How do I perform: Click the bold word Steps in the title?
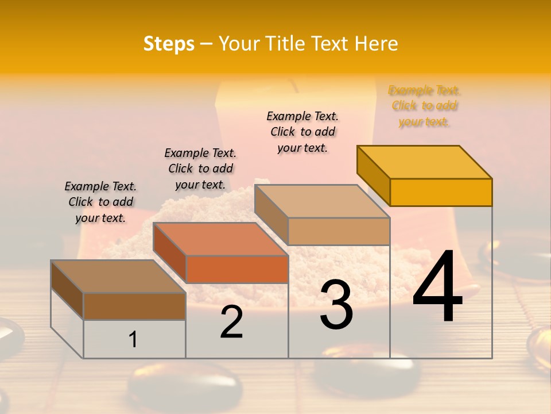(x=169, y=44)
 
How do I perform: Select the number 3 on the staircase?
(x=336, y=305)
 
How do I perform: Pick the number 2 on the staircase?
(x=231, y=322)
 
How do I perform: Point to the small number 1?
(x=133, y=339)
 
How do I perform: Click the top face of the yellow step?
(x=425, y=162)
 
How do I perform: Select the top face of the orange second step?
(x=221, y=239)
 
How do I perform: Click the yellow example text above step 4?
(x=424, y=106)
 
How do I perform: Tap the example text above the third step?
(x=302, y=132)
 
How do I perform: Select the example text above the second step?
(x=200, y=168)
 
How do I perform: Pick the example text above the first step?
(x=100, y=202)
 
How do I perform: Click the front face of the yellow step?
(x=441, y=192)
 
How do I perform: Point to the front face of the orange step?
(x=236, y=269)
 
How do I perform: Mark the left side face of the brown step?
(x=67, y=289)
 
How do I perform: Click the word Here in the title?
(x=377, y=44)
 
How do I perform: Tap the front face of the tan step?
(x=339, y=231)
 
